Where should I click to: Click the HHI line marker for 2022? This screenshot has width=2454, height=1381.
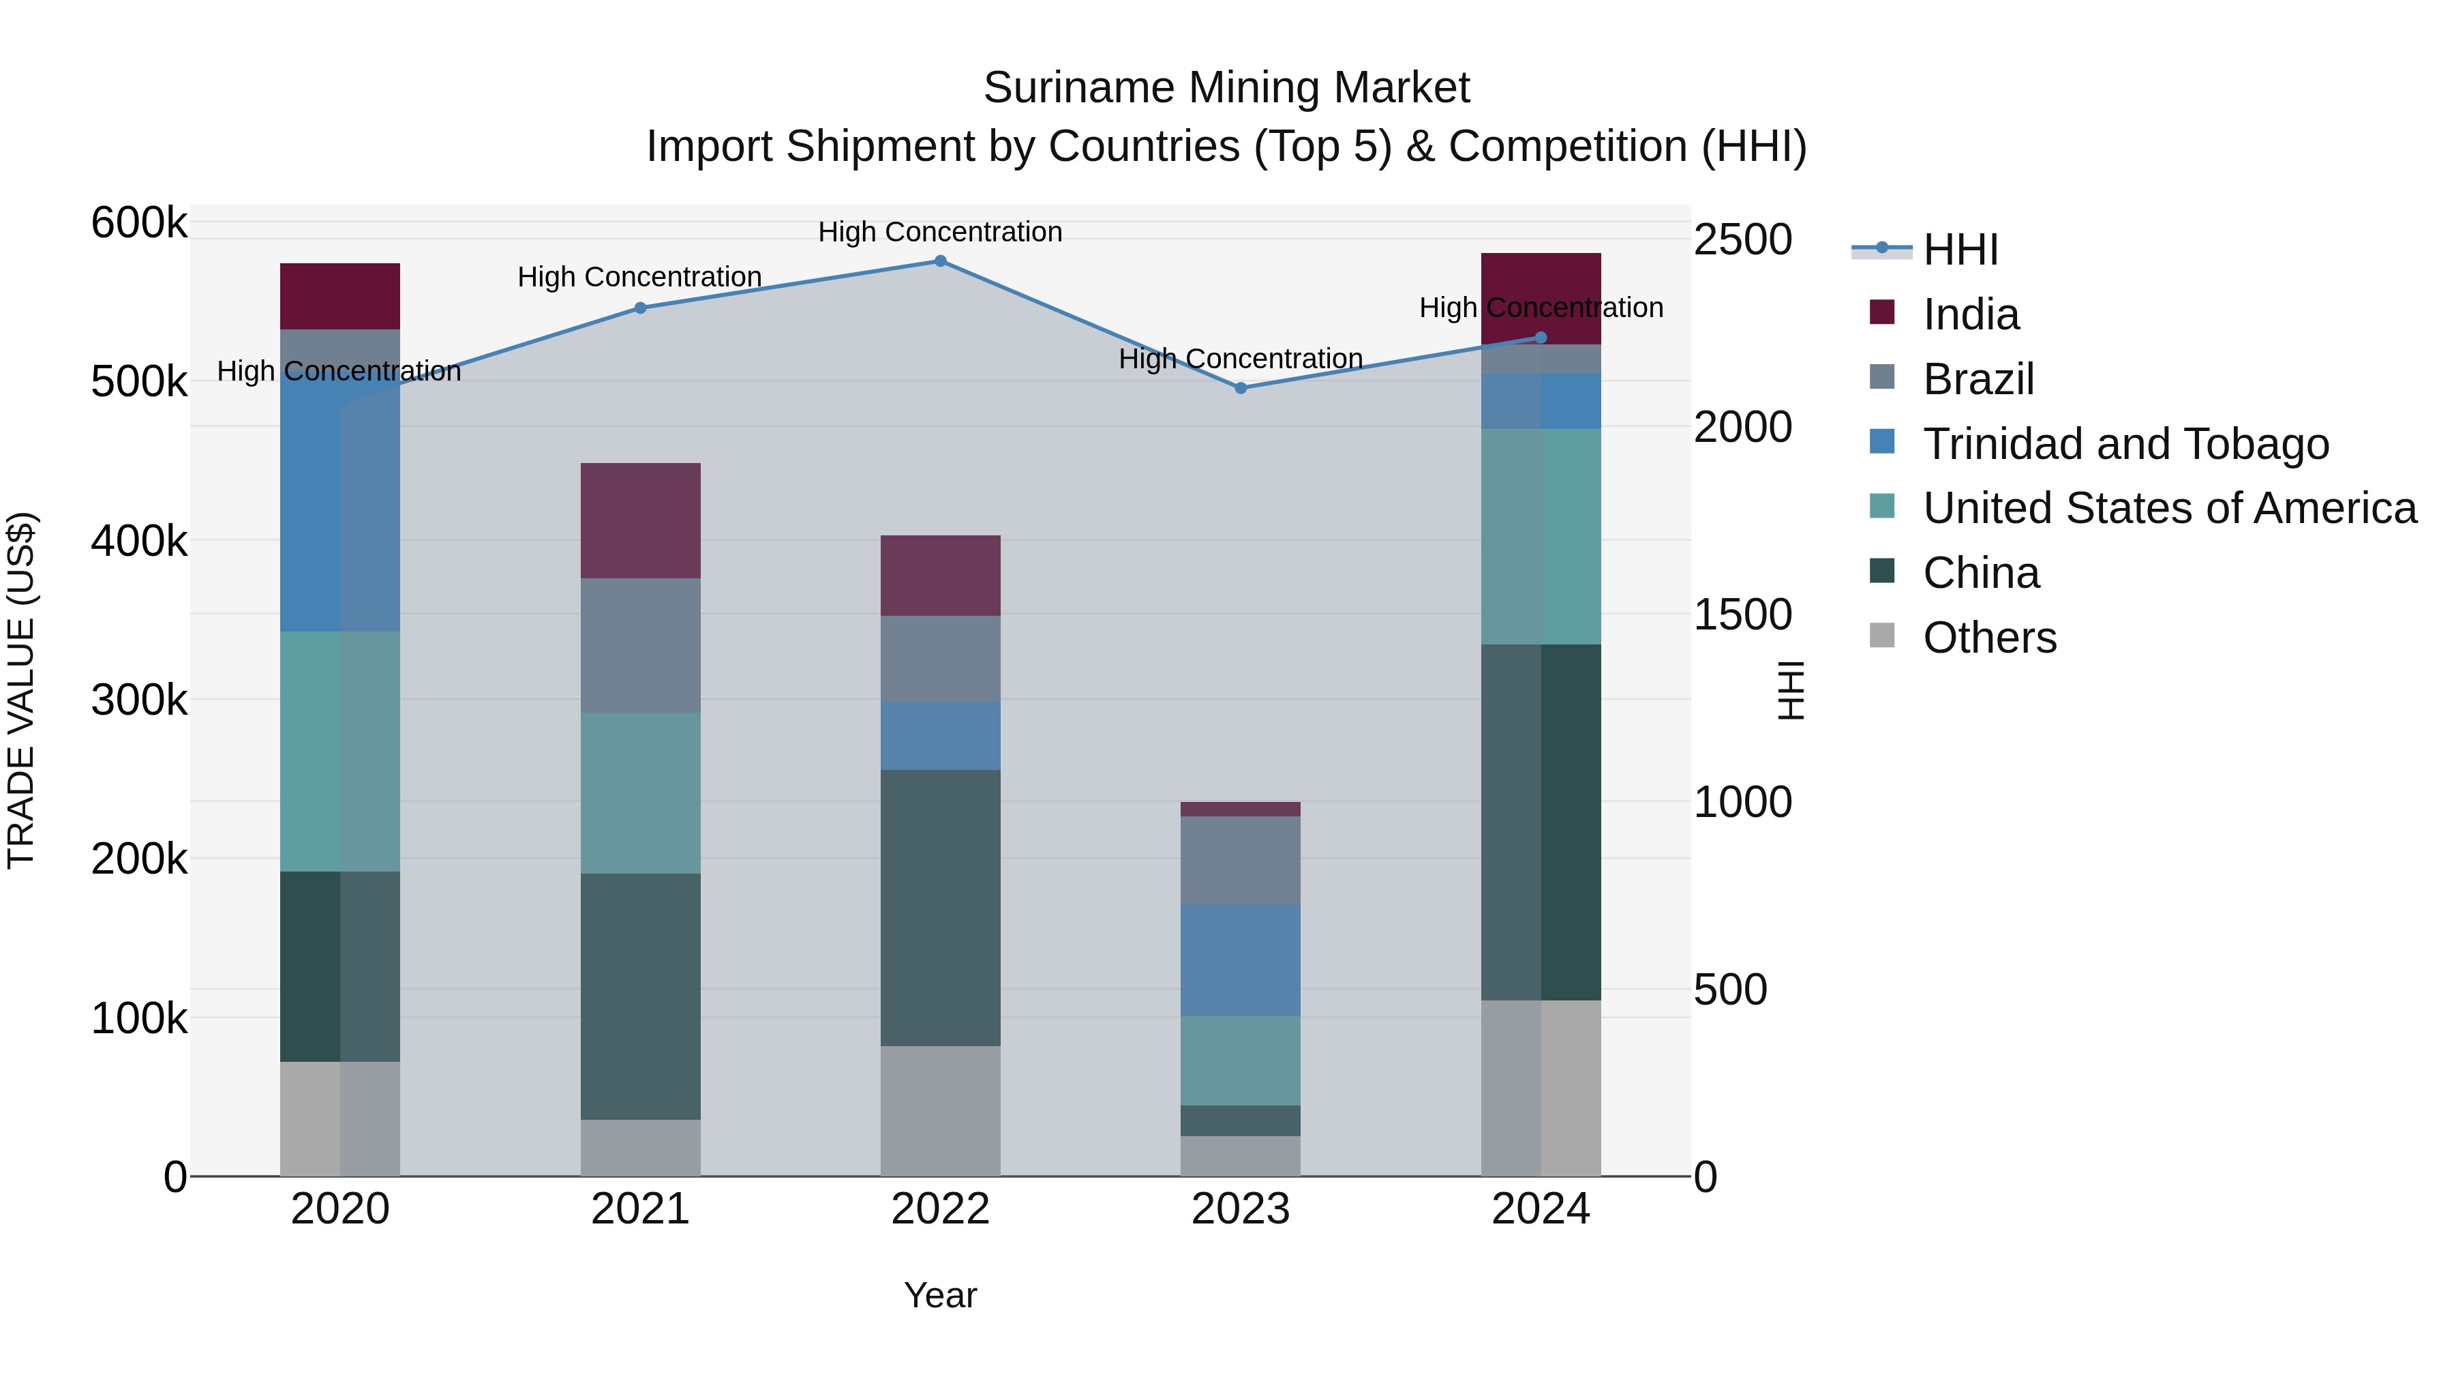coord(939,261)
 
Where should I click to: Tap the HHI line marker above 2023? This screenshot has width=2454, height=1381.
coord(1241,388)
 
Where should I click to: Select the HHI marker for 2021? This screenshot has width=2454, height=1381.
coord(640,308)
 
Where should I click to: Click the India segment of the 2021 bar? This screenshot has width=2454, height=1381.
coord(640,520)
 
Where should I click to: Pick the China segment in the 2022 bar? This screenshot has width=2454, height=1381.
coord(939,907)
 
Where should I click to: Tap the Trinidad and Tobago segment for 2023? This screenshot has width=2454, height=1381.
coord(1241,960)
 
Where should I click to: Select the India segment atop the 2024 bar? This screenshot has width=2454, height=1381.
coord(1541,298)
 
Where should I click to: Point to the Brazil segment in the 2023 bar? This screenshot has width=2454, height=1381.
coord(1241,860)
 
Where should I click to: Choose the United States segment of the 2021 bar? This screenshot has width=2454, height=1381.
coord(640,793)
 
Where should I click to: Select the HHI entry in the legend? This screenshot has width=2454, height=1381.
coord(1960,250)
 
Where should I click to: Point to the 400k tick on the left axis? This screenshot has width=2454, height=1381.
coord(139,541)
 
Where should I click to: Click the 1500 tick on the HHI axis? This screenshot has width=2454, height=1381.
coord(1742,614)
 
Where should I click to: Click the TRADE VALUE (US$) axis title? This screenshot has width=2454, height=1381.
coord(22,691)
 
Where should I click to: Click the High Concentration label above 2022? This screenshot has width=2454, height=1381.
coord(939,232)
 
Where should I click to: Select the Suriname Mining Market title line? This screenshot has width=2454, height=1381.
coord(1226,88)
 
